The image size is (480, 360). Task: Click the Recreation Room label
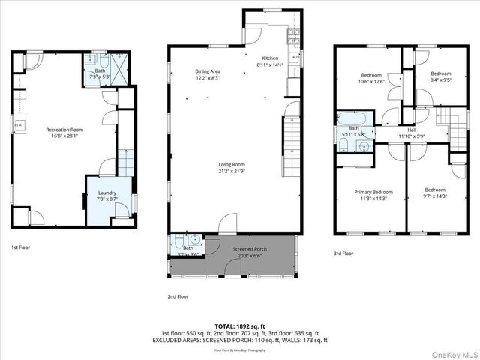click(x=64, y=133)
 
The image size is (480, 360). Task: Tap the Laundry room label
click(x=107, y=197)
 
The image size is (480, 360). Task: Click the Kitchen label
click(x=270, y=61)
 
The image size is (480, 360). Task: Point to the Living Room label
click(x=232, y=168)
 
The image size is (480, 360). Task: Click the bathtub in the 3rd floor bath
click(x=351, y=118)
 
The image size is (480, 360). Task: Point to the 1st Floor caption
click(x=20, y=247)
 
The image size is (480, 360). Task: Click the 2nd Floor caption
click(x=178, y=296)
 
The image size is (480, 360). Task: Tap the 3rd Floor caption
click(x=343, y=253)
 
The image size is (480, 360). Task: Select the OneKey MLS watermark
click(x=452, y=352)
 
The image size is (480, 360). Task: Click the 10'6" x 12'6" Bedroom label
click(x=372, y=79)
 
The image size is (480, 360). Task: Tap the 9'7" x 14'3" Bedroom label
click(x=435, y=193)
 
